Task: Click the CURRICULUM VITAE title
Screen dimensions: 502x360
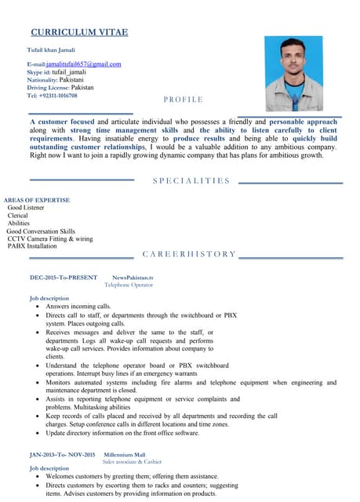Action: click(78, 32)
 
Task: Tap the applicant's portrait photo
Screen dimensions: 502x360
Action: click(293, 73)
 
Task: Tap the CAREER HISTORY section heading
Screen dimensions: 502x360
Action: click(189, 254)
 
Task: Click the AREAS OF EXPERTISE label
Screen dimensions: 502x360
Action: click(37, 200)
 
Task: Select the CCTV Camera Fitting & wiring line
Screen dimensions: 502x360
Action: click(49, 238)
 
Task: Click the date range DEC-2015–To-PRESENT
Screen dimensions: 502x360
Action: click(64, 278)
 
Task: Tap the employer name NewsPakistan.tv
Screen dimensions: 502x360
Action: click(133, 278)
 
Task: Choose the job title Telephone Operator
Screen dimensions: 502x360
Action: click(129, 285)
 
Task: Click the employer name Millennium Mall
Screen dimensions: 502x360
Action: click(125, 454)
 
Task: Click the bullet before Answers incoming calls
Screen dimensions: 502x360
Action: click(38, 307)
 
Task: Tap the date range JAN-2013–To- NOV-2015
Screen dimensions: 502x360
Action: click(62, 454)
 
